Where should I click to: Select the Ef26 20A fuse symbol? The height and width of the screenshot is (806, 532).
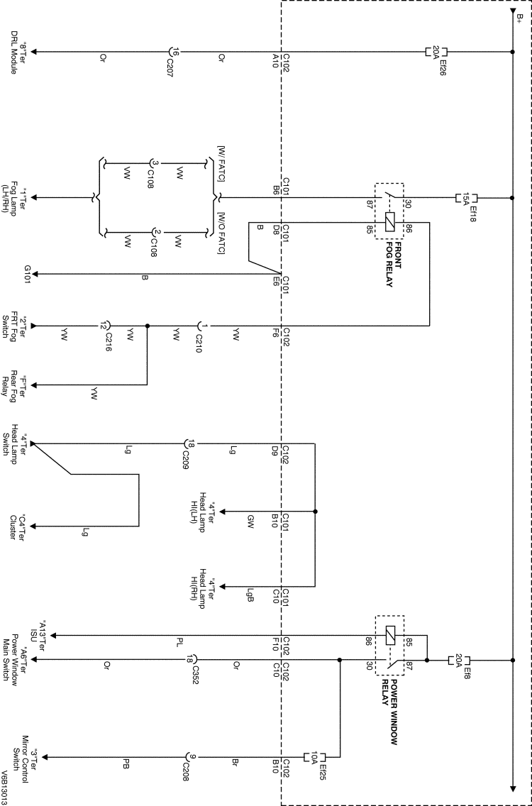[x=436, y=52]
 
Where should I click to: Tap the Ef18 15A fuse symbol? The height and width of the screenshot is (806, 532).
[x=466, y=199]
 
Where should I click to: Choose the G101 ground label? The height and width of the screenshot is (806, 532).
[x=28, y=275]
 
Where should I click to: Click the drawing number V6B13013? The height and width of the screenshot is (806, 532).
[x=4, y=788]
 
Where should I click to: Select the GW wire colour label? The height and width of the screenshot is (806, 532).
[x=250, y=519]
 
